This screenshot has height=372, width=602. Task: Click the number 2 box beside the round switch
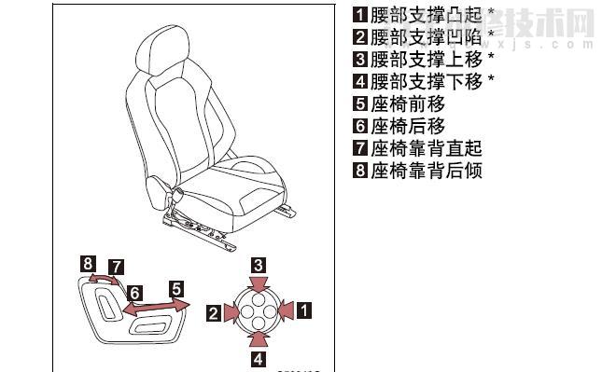[x=214, y=314]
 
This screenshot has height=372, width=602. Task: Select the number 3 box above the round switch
[x=259, y=264]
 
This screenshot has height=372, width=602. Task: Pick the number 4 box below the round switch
[x=259, y=356]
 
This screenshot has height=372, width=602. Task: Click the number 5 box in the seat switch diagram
[x=177, y=288]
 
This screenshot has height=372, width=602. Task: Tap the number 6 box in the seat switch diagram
[x=135, y=292]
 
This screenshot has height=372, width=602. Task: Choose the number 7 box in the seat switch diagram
[x=116, y=267]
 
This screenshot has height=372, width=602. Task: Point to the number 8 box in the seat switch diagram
[x=87, y=264]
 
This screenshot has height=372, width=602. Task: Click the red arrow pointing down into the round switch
[x=259, y=282]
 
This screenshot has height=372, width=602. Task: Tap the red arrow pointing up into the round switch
[x=259, y=337]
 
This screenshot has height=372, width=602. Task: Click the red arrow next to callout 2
[x=232, y=313]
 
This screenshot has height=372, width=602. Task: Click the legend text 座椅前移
[x=408, y=104]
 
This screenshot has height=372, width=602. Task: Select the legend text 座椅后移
[x=408, y=126]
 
